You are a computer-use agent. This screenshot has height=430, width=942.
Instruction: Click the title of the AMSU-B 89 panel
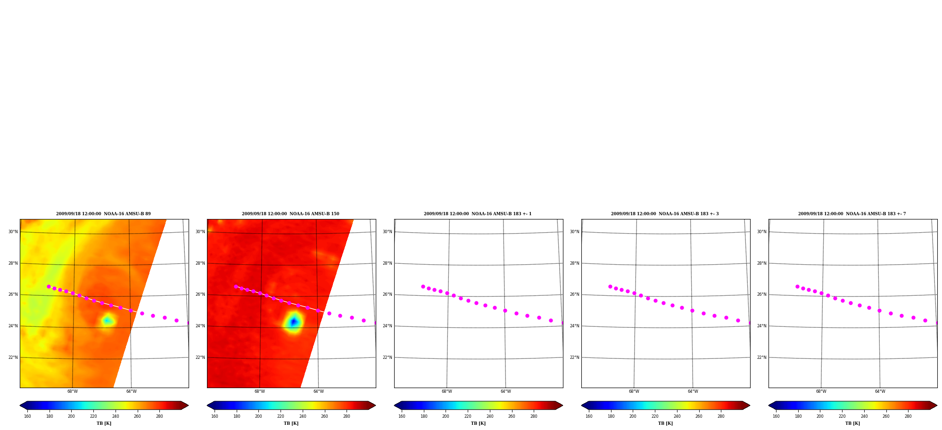tap(103, 214)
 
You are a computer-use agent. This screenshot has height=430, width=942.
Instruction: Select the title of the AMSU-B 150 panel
tap(290, 214)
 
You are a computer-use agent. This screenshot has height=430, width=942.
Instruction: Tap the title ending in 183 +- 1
tap(478, 214)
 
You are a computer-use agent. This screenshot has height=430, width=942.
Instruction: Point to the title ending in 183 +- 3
tap(665, 214)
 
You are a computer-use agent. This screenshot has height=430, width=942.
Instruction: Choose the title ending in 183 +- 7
tap(852, 214)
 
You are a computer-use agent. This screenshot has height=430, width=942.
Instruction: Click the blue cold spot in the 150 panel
tap(294, 322)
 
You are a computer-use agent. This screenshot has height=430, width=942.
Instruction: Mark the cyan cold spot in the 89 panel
tap(107, 321)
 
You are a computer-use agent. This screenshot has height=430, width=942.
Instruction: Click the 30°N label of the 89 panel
tap(13, 232)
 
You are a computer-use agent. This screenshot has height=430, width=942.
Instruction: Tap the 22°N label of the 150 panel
tap(200, 357)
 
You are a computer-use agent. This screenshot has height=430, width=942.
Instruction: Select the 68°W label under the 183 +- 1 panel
tap(446, 391)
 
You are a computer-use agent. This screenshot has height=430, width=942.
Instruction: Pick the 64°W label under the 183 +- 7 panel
tap(880, 391)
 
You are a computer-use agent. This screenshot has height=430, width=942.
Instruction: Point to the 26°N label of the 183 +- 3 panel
tap(575, 295)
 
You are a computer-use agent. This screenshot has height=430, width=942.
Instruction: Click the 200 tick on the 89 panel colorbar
tap(71, 416)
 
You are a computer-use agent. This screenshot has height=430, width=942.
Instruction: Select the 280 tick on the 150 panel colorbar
tap(347, 416)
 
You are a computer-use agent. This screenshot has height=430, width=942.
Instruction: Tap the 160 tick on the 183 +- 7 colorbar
tap(776, 416)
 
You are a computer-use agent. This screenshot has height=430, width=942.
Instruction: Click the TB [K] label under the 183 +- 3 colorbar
tap(665, 423)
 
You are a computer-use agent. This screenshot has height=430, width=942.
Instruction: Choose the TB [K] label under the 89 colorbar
tap(104, 423)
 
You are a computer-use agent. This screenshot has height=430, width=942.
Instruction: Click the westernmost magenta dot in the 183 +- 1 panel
tap(423, 286)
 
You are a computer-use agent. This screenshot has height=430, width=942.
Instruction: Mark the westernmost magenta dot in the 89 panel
tap(49, 286)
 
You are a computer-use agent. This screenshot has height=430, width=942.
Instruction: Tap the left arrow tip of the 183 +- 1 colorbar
tap(395, 405)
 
